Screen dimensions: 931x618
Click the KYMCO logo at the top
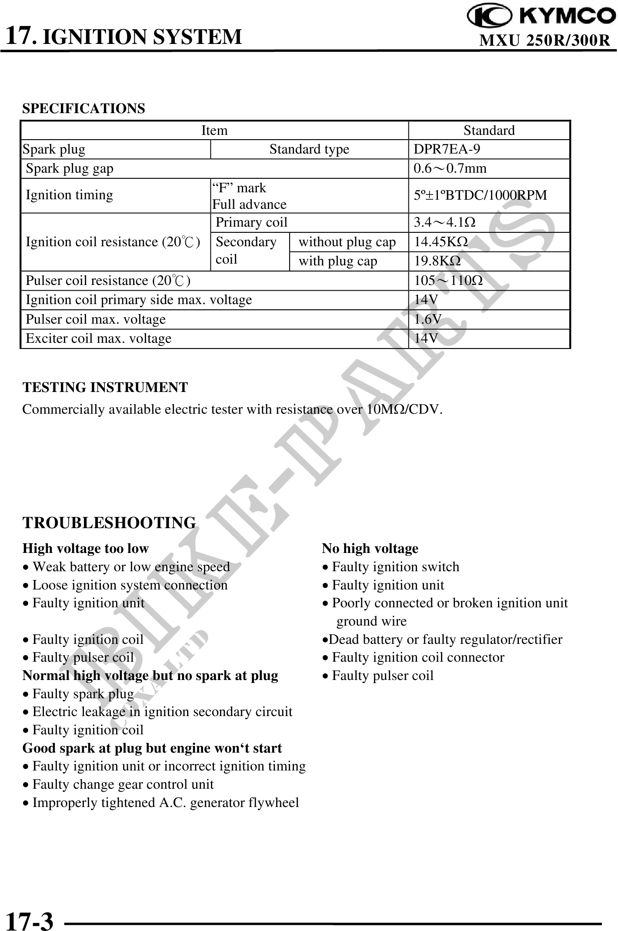pyautogui.click(x=541, y=16)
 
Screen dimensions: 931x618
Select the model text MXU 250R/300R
pyautogui.click(x=545, y=40)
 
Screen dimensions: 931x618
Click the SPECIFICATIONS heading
pyautogui.click(x=84, y=108)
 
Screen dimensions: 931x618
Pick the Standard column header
pyautogui.click(x=489, y=130)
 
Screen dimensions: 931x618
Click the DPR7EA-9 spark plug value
pyautogui.click(x=447, y=149)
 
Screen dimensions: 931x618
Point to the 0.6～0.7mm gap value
pyautogui.click(x=450, y=168)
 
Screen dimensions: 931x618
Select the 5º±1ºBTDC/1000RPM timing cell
pyautogui.click(x=480, y=195)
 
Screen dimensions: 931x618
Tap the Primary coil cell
pyautogui.click(x=251, y=222)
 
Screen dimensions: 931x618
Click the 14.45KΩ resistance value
pyautogui.click(x=441, y=241)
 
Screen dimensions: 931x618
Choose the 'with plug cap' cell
pyautogui.click(x=337, y=261)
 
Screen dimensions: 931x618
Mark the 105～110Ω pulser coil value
pyautogui.click(x=448, y=281)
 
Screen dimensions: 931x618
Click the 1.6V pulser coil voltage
pyautogui.click(x=427, y=319)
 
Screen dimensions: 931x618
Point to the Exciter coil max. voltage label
pyautogui.click(x=99, y=338)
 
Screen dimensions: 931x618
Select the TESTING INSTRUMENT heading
pyautogui.click(x=105, y=387)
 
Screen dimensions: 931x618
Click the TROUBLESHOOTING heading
pyautogui.click(x=109, y=522)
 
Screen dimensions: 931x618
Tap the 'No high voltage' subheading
pyautogui.click(x=370, y=549)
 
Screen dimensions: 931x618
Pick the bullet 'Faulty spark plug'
pyautogui.click(x=83, y=693)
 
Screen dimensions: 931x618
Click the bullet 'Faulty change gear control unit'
pyautogui.click(x=123, y=784)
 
